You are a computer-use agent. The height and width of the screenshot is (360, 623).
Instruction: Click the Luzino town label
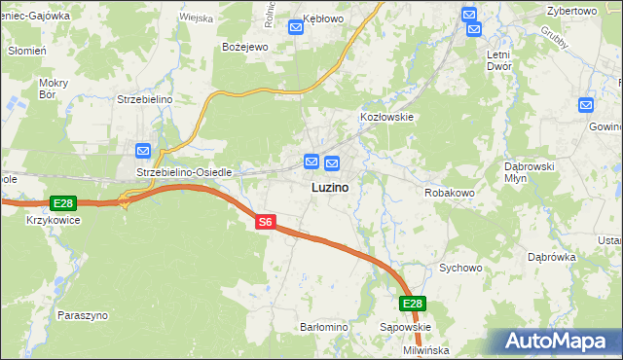(x=331, y=186)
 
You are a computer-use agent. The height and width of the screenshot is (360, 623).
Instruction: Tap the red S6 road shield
(x=266, y=223)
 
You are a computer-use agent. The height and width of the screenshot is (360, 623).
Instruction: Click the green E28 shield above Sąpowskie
(x=413, y=304)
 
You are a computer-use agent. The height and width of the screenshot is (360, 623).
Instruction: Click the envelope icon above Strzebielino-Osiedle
(x=143, y=151)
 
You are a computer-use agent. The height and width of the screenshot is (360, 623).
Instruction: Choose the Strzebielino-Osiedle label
(x=184, y=172)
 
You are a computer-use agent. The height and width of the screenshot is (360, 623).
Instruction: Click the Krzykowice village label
(x=54, y=220)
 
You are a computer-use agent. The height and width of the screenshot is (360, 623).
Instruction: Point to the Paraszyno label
(x=83, y=316)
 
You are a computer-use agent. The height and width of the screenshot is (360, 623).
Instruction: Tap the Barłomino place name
(x=324, y=328)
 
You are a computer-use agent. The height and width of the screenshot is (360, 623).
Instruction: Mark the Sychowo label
(x=460, y=267)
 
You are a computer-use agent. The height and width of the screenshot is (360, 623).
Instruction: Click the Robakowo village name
(x=449, y=193)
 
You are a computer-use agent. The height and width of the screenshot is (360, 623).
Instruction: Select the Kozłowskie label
(x=387, y=117)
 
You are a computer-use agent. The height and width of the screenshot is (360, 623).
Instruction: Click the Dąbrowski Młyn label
(x=529, y=172)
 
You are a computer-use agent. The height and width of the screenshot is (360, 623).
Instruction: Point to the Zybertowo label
(x=571, y=10)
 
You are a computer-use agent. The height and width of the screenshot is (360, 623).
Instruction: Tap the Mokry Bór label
(x=53, y=90)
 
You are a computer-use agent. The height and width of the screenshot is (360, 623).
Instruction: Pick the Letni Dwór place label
(x=505, y=61)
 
